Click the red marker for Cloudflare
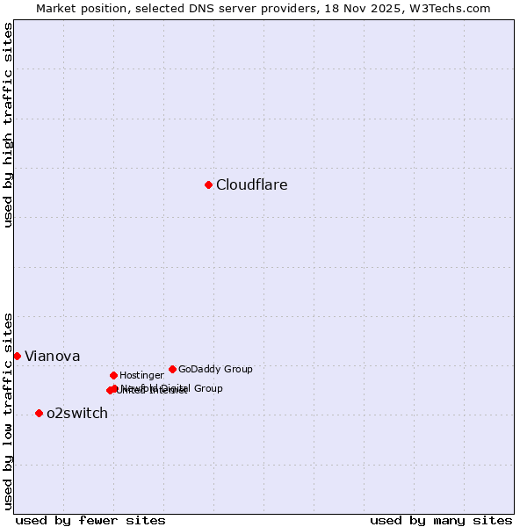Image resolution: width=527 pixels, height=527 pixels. pyautogui.click(x=208, y=184)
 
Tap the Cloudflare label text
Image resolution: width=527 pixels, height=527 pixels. pyautogui.click(x=251, y=185)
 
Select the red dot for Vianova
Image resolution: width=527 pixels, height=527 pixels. pyautogui.click(x=17, y=356)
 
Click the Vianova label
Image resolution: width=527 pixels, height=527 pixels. pyautogui.click(x=52, y=357)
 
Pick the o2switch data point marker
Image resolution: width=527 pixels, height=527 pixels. pyautogui.click(x=39, y=413)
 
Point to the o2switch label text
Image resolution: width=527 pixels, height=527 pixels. pyautogui.click(x=76, y=414)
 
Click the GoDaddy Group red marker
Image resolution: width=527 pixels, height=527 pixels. pyautogui.click(x=172, y=369)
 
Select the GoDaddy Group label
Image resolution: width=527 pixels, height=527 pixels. pyautogui.click(x=215, y=370)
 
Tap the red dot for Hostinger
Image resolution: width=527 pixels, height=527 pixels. pyautogui.click(x=113, y=375)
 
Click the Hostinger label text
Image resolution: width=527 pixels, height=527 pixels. pyautogui.click(x=141, y=376)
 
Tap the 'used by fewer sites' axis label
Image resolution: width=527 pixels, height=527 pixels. pyautogui.click(x=90, y=520)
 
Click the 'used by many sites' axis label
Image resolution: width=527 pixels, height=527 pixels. pyautogui.click(x=440, y=520)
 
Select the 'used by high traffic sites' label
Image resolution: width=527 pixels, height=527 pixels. pyautogui.click(x=8, y=125)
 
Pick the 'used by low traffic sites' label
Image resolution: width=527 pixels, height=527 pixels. pyautogui.click(x=8, y=411)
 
